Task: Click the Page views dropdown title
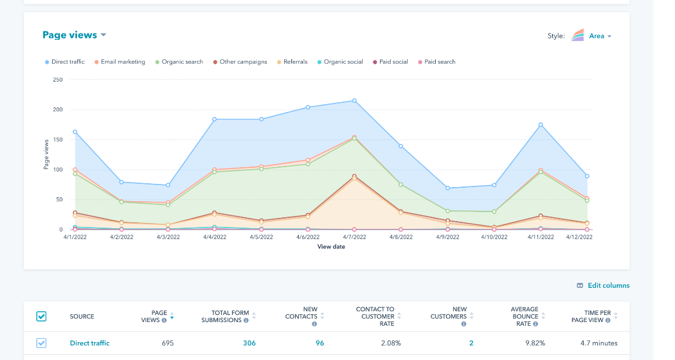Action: click(74, 35)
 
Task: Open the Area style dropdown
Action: click(600, 36)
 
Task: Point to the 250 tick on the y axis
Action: click(58, 80)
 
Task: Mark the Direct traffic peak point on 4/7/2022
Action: click(354, 101)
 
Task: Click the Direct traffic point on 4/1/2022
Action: click(75, 132)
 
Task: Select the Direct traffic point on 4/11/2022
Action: click(541, 125)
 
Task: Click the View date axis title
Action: click(331, 247)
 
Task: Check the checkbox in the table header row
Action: click(41, 316)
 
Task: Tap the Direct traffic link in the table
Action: click(89, 343)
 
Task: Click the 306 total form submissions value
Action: click(249, 343)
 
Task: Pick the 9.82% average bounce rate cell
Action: click(524, 343)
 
